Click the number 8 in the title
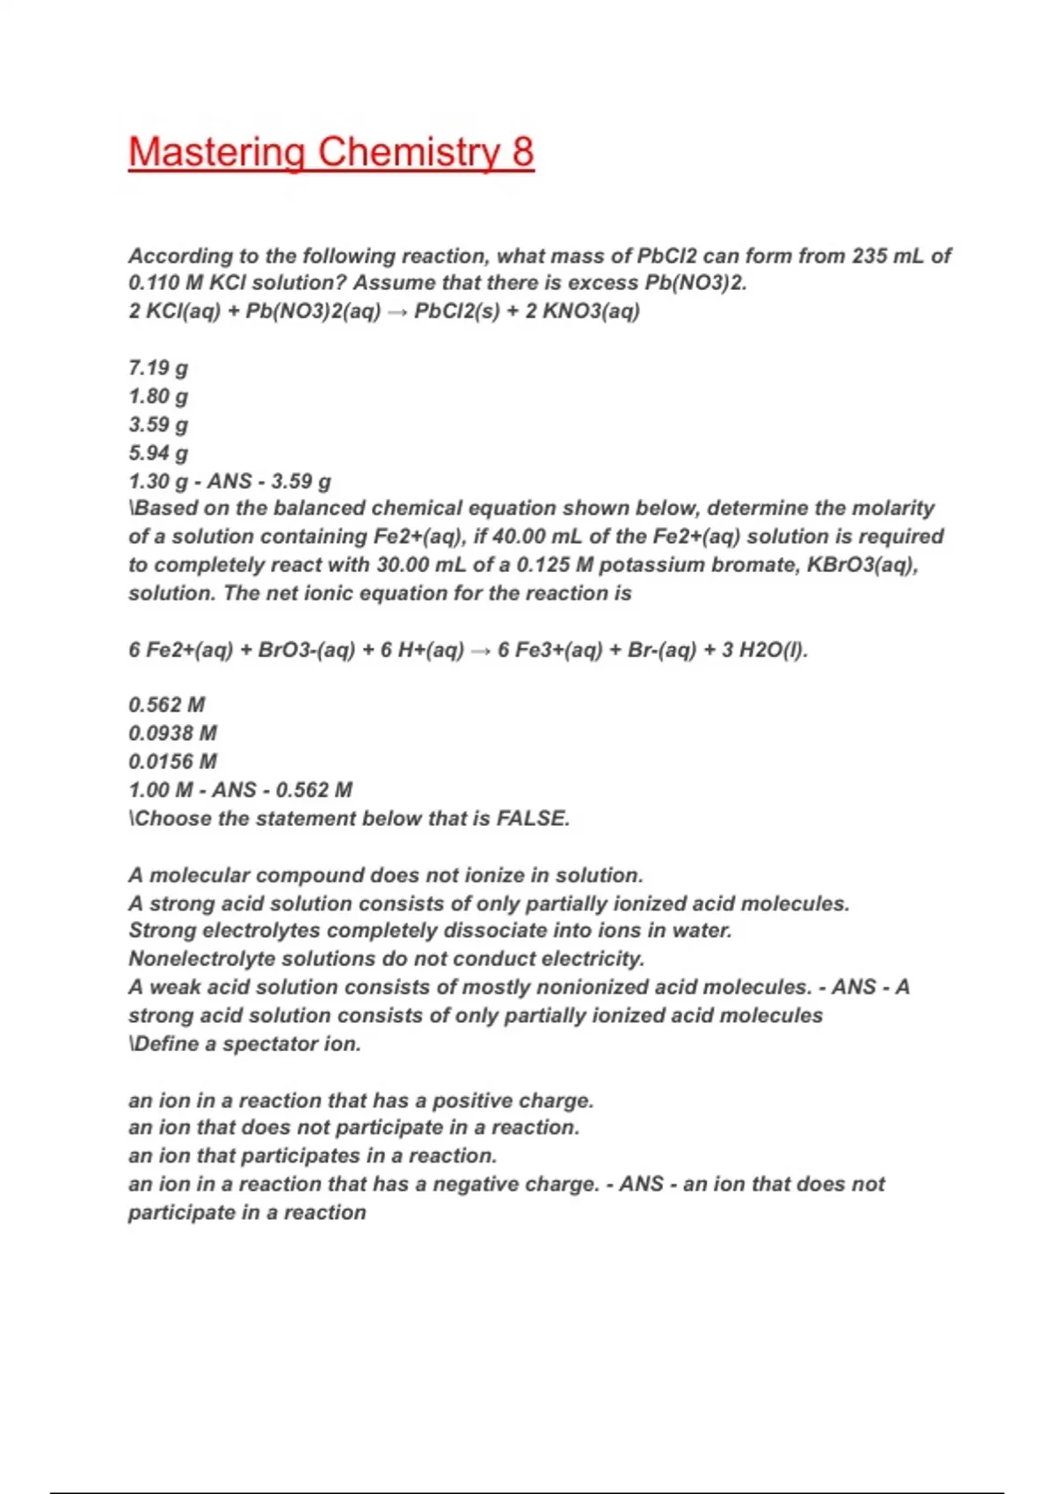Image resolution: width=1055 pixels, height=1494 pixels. (522, 152)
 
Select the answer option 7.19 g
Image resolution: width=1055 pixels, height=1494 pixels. (158, 368)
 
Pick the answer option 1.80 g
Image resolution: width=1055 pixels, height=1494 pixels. (158, 396)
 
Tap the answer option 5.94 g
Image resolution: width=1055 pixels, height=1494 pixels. (158, 453)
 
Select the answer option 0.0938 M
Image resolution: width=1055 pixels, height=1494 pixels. (173, 733)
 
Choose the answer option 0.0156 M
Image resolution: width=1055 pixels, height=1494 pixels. (173, 762)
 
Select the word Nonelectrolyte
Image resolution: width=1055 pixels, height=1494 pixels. (207, 959)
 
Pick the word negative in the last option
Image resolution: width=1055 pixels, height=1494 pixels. (475, 1185)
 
